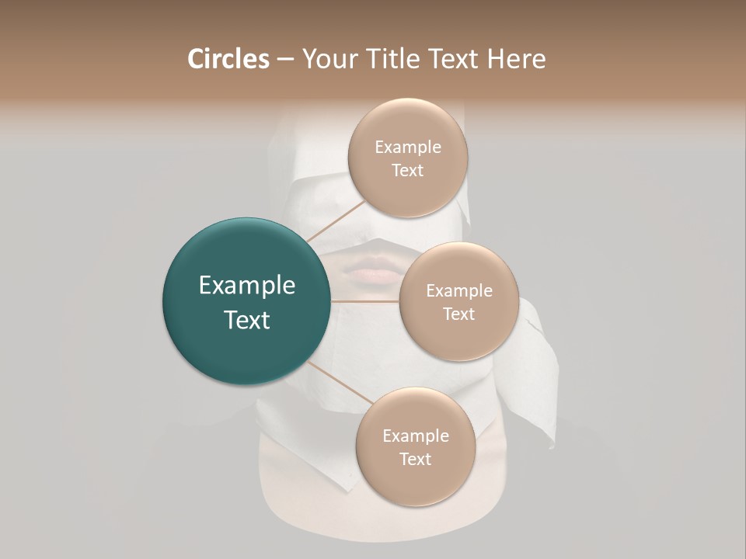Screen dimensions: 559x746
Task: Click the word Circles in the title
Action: [228, 59]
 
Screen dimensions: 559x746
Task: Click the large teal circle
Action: [246, 301]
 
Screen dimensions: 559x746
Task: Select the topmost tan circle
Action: [407, 158]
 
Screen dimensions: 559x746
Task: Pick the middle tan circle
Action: [458, 301]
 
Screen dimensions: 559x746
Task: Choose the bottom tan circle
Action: [415, 446]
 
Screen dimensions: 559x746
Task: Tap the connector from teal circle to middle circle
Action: [365, 300]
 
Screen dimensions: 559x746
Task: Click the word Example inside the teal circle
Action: [246, 286]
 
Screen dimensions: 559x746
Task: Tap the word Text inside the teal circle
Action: [246, 320]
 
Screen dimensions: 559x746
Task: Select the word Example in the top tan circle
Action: [407, 147]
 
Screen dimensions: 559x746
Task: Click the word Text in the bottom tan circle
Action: [415, 459]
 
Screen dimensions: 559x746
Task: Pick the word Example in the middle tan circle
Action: [458, 290]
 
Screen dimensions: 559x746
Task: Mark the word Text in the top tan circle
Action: [407, 170]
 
